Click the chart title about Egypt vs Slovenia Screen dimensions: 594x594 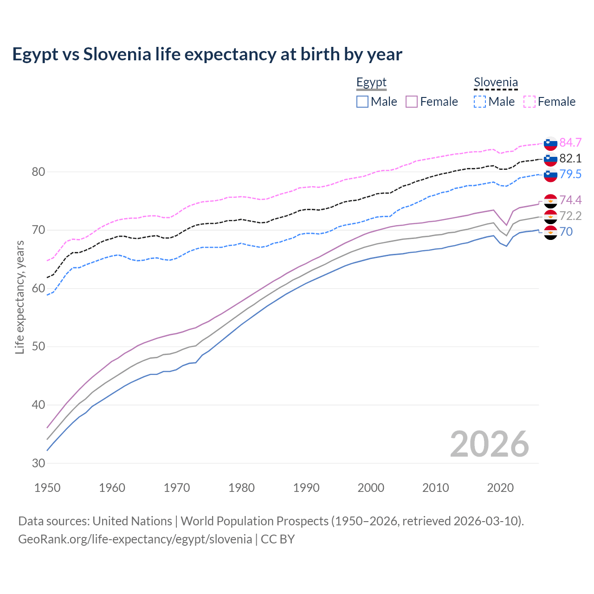(x=207, y=54)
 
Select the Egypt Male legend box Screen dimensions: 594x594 (x=362, y=102)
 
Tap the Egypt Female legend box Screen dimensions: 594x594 (x=412, y=102)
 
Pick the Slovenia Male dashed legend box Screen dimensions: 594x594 (x=480, y=102)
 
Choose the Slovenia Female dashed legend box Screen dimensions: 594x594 (x=529, y=102)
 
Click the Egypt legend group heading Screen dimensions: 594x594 (x=371, y=83)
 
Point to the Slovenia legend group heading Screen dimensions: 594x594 (x=496, y=83)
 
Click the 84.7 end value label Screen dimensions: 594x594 (x=570, y=142)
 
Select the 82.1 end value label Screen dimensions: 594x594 (x=570, y=158)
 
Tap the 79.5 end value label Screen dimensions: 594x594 (x=570, y=174)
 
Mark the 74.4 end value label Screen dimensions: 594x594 (x=570, y=200)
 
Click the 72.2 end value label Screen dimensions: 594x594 (x=570, y=216)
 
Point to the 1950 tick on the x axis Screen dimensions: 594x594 (x=47, y=488)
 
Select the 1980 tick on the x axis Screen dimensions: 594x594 (x=241, y=488)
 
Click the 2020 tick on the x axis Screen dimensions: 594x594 (x=500, y=488)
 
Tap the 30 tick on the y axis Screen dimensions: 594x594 (x=39, y=463)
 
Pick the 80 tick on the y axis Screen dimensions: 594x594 (x=39, y=172)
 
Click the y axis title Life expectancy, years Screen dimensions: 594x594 (x=19, y=297)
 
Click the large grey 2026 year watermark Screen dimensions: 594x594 (x=489, y=444)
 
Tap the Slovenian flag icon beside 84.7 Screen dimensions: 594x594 (x=550, y=143)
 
